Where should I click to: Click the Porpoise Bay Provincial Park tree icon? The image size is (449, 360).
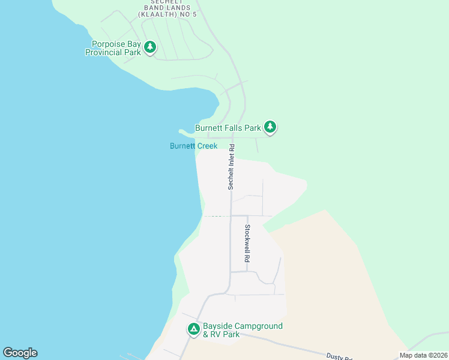150,47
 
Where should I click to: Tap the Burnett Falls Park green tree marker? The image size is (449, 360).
270,127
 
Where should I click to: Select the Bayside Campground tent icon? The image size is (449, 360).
194,329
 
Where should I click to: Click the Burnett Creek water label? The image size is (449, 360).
193,146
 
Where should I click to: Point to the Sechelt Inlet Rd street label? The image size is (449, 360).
231,167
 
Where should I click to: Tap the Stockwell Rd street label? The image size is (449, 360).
247,243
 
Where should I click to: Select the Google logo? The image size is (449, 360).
20,353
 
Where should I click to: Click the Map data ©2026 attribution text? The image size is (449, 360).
423,355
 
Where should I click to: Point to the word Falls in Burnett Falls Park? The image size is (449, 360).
234,128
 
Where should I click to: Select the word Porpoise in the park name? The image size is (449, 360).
108,44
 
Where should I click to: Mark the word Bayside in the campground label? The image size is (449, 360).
218,326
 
